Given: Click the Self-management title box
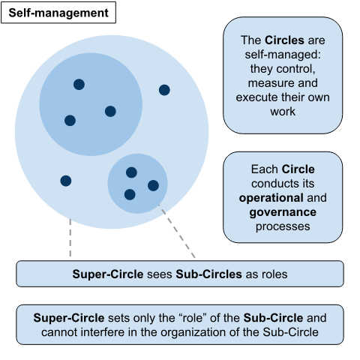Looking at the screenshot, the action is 58,13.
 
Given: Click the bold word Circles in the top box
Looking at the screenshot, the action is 284,40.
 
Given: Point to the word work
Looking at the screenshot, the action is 283,112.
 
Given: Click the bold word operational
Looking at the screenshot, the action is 271,198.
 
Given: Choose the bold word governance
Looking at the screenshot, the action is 283,212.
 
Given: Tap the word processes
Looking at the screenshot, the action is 283,226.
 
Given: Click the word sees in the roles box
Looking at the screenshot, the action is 160,274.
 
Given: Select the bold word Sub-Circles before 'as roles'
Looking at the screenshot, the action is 208,274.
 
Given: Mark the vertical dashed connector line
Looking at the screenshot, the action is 70,238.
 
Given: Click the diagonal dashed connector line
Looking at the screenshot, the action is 177,231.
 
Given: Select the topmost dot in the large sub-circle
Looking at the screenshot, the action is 79,85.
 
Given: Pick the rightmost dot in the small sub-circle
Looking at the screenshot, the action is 153,185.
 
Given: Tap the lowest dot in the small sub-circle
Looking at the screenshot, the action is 130,194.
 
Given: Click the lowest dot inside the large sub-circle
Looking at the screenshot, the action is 70,121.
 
